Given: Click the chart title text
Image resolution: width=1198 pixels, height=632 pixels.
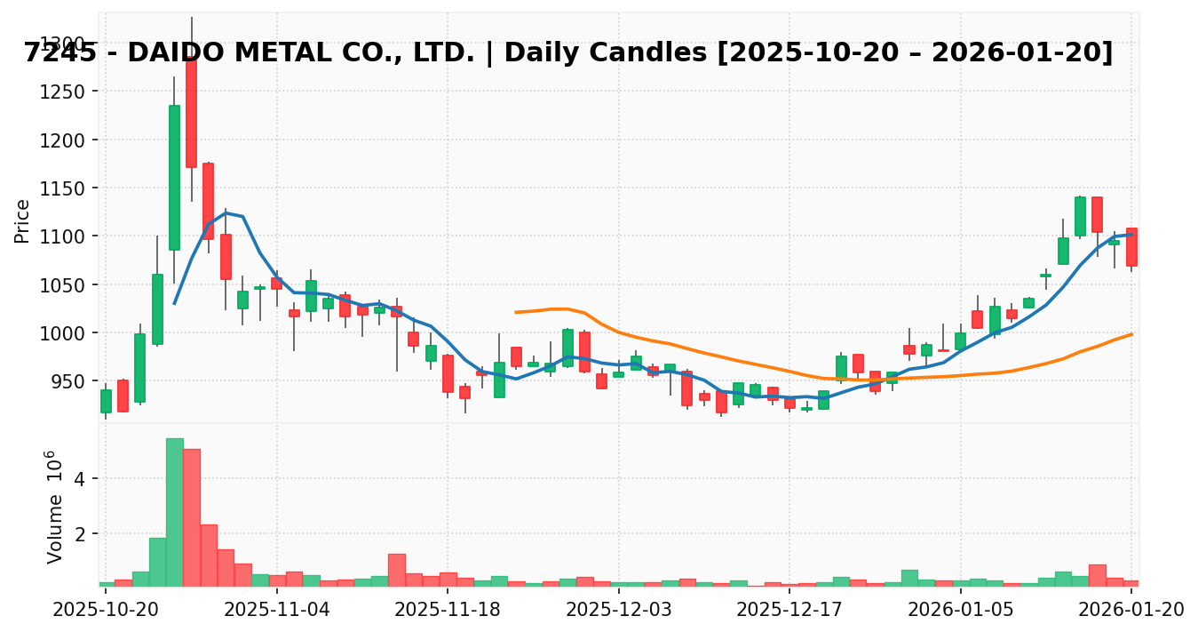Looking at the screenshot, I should tap(568, 53).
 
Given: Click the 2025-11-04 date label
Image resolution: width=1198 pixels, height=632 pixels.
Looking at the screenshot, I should tap(277, 609).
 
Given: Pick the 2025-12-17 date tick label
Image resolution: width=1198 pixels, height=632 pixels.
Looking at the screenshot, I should tap(790, 609).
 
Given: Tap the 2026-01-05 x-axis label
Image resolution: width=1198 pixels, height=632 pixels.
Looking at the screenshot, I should tap(961, 609).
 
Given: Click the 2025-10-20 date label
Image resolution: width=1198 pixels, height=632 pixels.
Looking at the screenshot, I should tap(106, 609).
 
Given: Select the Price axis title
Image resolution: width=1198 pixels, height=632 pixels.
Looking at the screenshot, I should tap(23, 220).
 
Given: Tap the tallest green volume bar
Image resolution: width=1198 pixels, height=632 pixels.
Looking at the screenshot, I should tap(174, 512).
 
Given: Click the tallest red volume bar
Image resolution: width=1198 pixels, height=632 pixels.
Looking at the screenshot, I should tap(192, 517).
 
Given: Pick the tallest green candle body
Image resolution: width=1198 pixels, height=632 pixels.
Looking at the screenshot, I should tap(174, 178).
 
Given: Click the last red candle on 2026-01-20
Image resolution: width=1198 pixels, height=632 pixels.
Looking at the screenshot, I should tap(1131, 247).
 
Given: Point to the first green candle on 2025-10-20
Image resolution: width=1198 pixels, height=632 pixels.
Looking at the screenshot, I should tap(106, 401).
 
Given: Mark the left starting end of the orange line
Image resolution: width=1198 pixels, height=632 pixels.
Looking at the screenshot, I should tap(515, 312).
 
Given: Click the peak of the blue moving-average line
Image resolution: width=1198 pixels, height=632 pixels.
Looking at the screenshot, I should tap(226, 212).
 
